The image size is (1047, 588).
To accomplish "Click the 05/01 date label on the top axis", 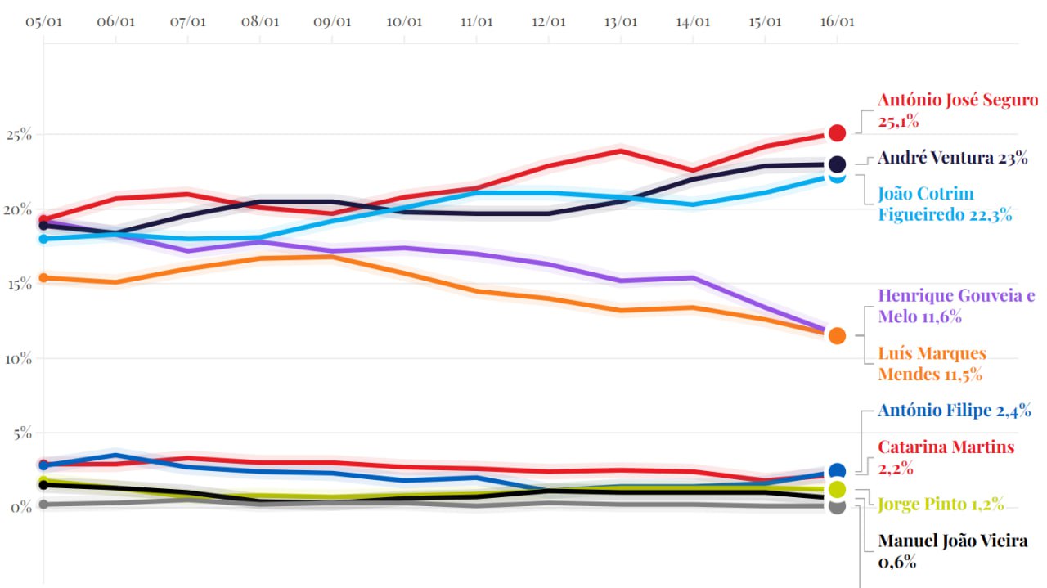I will (44, 21).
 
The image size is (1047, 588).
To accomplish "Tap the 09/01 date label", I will (332, 21).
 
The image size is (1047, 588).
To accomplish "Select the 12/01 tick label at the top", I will (548, 21).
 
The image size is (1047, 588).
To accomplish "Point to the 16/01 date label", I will (836, 21).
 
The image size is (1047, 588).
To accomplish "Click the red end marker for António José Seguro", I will (837, 132).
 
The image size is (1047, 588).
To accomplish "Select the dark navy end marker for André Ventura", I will (837, 164).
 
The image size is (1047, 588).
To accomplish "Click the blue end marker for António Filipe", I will (837, 471).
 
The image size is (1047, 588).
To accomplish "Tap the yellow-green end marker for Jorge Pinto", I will (837, 489).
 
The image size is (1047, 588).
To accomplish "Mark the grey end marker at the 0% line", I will (837, 506).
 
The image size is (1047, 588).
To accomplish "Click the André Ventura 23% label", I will (952, 159).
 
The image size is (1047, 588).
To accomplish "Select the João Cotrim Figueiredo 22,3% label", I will (945, 204).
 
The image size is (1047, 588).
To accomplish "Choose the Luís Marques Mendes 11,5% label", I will (932, 364).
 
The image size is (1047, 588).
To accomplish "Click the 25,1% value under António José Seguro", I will (898, 121).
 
